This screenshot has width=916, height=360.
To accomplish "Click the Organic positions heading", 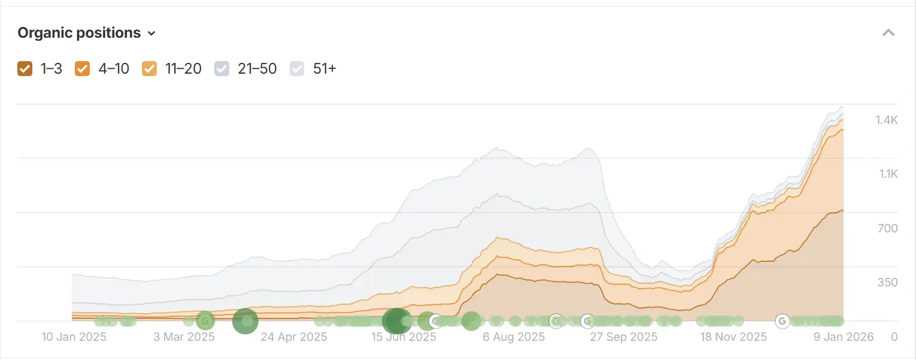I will (x=79, y=33).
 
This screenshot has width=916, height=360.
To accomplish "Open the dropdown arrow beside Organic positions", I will (x=151, y=34).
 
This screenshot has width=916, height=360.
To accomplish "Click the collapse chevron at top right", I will (x=888, y=33).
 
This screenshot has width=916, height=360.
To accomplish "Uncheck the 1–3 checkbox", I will (x=25, y=69).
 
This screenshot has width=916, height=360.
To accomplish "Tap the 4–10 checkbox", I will (x=82, y=69).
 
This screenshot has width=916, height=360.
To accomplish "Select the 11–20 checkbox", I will (x=149, y=69).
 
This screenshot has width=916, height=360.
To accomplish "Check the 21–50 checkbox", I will (x=222, y=69).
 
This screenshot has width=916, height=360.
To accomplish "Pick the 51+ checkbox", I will (x=298, y=69).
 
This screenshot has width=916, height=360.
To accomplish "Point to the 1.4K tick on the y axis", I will (x=886, y=120).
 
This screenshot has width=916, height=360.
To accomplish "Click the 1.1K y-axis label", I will (x=887, y=174).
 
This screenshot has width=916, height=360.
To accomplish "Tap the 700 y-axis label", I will (x=887, y=228).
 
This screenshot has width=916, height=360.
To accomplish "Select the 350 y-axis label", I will (x=887, y=282).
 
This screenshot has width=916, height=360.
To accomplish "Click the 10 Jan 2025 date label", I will (x=74, y=337).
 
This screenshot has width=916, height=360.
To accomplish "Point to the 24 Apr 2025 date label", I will (x=294, y=337).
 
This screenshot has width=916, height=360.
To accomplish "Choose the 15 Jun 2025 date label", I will (x=404, y=337).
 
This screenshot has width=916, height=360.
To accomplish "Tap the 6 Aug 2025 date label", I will (x=514, y=337).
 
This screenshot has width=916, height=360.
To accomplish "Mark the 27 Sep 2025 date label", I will (x=624, y=337).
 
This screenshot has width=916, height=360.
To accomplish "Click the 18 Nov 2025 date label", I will (x=733, y=337).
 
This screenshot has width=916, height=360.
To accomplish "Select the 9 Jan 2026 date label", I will (x=844, y=337).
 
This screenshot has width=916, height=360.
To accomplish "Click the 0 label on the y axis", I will (x=894, y=337).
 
